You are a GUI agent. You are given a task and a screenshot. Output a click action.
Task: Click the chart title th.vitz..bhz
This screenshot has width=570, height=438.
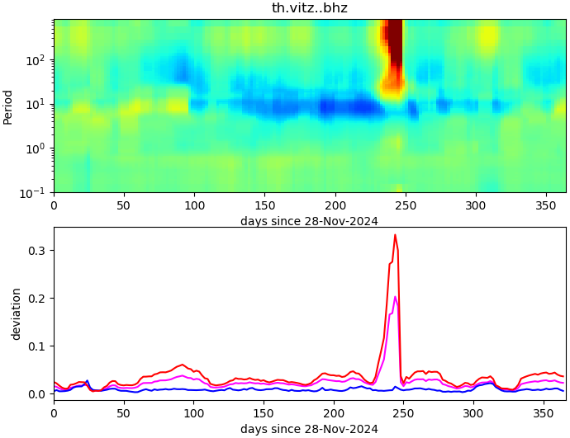click(x=309, y=8)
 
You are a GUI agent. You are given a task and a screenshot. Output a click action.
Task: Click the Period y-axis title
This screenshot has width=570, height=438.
click(x=8, y=106)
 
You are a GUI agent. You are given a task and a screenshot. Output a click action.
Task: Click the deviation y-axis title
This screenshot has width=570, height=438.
click(x=16, y=314)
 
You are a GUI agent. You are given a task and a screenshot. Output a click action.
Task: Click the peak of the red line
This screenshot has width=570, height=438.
click(x=395, y=235)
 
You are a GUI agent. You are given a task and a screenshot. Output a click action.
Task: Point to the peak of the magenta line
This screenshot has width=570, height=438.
click(x=395, y=297)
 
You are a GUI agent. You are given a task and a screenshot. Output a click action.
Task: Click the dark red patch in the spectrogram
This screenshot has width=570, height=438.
click(x=395, y=49)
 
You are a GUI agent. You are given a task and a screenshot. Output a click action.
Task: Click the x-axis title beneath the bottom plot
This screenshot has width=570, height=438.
click(x=309, y=429)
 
